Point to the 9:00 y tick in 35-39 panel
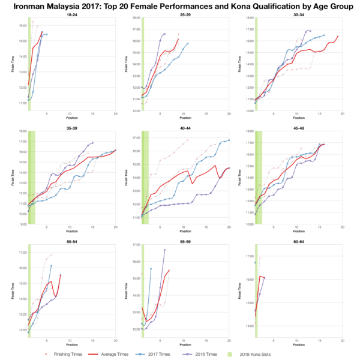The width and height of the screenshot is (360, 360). pyautogui.click(x=23, y=224)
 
